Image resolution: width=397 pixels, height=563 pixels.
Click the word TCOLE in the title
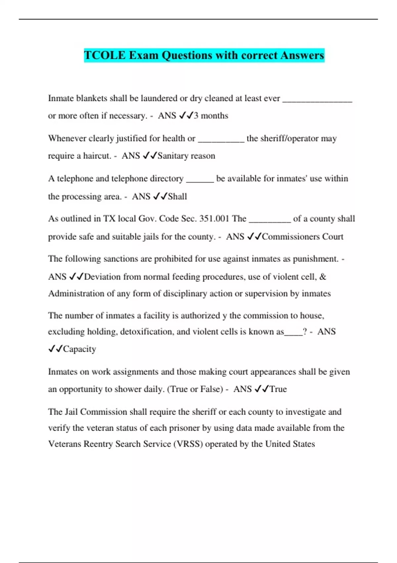(105, 55)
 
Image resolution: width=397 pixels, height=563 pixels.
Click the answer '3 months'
(211, 116)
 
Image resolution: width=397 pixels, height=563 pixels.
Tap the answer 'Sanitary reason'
(186, 156)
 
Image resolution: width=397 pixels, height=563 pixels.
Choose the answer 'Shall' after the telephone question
(178, 196)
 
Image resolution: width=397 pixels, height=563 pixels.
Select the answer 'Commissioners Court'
(302, 236)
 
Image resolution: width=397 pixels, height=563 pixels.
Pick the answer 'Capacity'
(80, 349)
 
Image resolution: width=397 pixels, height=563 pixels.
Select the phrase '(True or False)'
(195, 389)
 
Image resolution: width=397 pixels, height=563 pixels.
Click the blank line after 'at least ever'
(317, 101)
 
